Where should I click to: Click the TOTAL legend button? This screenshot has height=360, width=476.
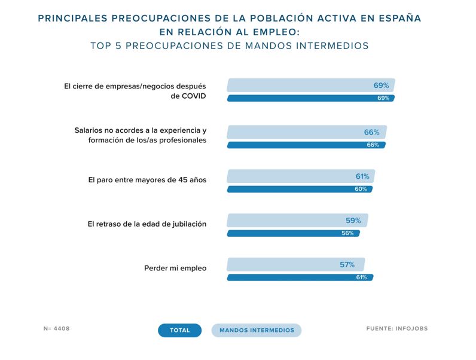click(179, 330)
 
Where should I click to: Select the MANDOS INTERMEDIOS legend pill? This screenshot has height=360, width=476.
click(257, 330)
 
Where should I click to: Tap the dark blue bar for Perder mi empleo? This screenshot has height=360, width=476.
click(300, 277)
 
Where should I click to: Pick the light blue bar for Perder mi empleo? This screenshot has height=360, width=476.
click(295, 264)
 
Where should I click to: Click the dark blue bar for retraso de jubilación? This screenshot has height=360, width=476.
click(293, 233)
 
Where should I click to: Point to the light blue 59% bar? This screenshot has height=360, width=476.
click(297, 220)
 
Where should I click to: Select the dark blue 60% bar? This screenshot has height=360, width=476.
click(299, 189)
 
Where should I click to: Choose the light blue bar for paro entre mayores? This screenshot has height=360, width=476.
click(300, 176)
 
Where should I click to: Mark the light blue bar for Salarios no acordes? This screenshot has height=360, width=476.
click(306, 132)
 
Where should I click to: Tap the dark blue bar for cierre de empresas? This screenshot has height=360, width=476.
click(310, 98)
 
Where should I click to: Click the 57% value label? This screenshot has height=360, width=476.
click(347, 264)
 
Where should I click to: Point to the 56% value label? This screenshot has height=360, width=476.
click(347, 233)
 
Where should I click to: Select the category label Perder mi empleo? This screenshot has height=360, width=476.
click(175, 269)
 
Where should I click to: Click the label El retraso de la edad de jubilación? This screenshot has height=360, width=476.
click(147, 224)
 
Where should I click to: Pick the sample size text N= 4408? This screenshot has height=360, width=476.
click(57, 328)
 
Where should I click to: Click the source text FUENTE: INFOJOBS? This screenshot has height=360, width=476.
click(397, 328)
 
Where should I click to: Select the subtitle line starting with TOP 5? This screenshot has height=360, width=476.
click(230, 45)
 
